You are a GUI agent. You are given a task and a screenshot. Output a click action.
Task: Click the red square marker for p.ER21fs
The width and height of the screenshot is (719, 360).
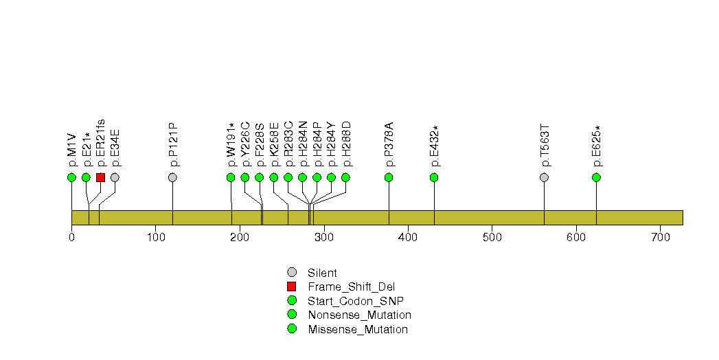pyautogui.click(x=100, y=177)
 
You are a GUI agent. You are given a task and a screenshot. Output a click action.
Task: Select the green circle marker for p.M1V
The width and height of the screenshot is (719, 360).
pyautogui.click(x=71, y=177)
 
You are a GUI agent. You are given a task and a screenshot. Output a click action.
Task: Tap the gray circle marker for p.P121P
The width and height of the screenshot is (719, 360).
pyautogui.click(x=172, y=177)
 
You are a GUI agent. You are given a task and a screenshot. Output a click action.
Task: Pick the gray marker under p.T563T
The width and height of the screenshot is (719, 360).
pyautogui.click(x=545, y=177)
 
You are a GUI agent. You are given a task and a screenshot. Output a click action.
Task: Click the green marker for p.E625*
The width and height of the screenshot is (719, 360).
pyautogui.click(x=597, y=177)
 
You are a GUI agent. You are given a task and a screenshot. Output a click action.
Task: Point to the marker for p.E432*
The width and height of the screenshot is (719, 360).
pyautogui.click(x=434, y=177)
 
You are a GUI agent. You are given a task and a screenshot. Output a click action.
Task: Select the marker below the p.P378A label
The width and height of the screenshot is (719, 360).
pyautogui.click(x=389, y=177)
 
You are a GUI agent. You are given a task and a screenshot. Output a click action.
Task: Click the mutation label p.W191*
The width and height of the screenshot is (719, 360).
pyautogui.click(x=231, y=145)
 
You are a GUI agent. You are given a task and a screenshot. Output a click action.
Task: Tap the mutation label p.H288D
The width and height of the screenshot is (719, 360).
pyautogui.click(x=345, y=144)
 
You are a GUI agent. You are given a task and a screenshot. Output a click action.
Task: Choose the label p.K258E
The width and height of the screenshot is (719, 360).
pyautogui.click(x=274, y=144)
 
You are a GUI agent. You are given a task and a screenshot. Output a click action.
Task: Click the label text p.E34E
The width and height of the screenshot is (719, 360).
pyautogui.click(x=115, y=148)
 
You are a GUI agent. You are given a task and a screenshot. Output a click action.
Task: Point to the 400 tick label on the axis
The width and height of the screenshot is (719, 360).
pyautogui.click(x=408, y=238)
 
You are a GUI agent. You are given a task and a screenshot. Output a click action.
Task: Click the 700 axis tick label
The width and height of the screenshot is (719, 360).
pyautogui.click(x=661, y=238)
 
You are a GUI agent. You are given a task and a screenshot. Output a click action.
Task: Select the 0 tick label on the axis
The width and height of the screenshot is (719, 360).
pyautogui.click(x=71, y=238)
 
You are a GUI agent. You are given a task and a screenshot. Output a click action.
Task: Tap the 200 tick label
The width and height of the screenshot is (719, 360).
pyautogui.click(x=240, y=238)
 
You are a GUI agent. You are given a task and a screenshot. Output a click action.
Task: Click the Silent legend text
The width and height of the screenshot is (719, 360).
pyautogui.click(x=322, y=273)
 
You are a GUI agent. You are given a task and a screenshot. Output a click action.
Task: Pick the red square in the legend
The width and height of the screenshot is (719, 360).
pyautogui.click(x=292, y=286)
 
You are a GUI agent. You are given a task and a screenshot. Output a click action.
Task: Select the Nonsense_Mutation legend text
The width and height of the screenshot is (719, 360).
pyautogui.click(x=360, y=315)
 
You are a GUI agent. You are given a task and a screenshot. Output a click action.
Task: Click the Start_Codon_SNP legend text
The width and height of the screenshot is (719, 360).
pyautogui.click(x=356, y=302)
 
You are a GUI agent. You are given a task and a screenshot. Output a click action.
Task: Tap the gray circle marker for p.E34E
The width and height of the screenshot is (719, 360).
pyautogui.click(x=115, y=177)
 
